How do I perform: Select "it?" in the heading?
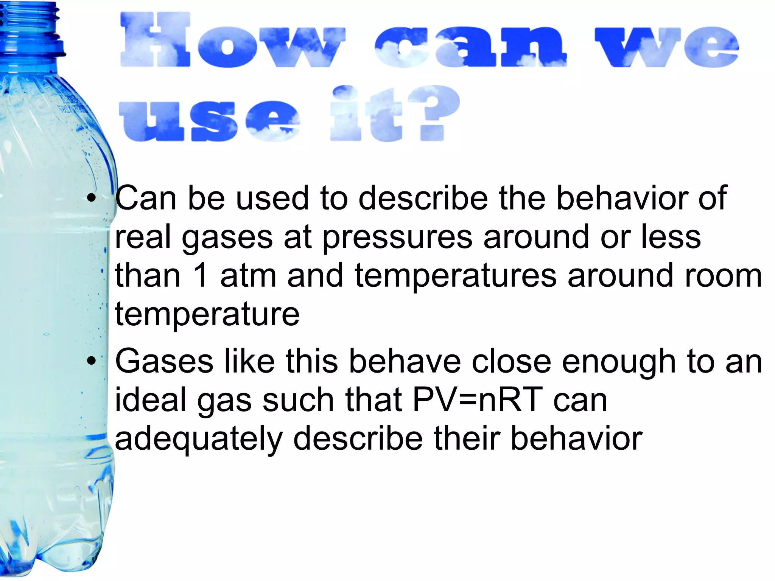point(395,113)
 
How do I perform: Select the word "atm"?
point(248,276)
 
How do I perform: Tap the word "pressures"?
point(397,237)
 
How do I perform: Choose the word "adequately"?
point(199,439)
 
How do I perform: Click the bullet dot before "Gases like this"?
point(91,361)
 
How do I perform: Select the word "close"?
point(511,361)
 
